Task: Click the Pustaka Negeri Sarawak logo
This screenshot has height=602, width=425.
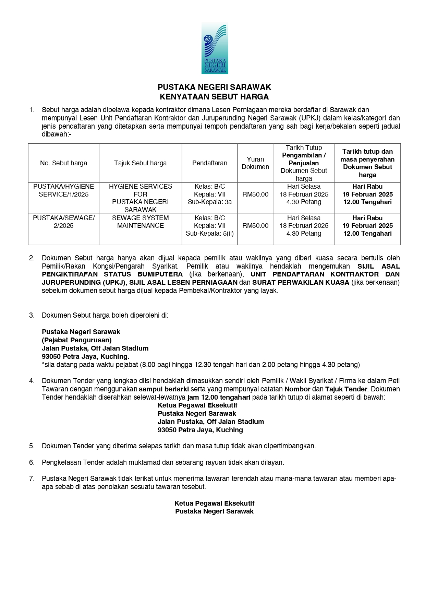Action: click(x=215, y=48)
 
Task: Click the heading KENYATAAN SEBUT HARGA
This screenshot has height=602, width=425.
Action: click(x=214, y=97)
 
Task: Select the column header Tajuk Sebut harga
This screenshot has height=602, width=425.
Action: click(x=140, y=163)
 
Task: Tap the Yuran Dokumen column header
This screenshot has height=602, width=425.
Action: click(x=255, y=163)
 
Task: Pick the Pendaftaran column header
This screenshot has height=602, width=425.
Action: click(x=210, y=163)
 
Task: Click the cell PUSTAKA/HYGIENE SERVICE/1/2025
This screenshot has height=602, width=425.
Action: click(x=63, y=190)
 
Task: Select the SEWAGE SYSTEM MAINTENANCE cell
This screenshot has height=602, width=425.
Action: click(x=140, y=222)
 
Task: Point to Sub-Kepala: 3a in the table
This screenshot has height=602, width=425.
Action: click(x=210, y=202)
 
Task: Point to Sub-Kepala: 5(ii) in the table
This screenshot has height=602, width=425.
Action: click(x=210, y=233)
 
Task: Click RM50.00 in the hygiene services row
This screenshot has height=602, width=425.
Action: click(x=255, y=194)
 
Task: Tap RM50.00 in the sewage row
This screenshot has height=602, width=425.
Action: click(x=255, y=226)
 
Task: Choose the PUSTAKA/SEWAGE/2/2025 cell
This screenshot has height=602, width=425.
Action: click(x=63, y=222)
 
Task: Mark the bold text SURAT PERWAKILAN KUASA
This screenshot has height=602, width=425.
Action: click(x=301, y=282)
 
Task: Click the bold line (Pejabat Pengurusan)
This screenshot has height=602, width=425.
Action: click(x=77, y=340)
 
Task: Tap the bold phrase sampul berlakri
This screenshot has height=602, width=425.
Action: click(x=164, y=389)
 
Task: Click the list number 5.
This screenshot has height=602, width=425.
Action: click(x=32, y=446)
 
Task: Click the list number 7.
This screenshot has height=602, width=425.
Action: click(x=32, y=479)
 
